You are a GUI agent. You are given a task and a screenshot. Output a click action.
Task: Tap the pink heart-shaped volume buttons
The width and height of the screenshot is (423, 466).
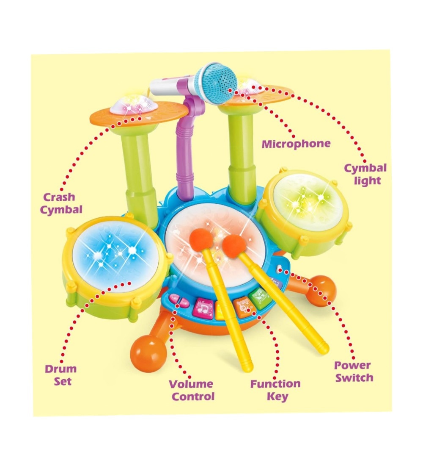point(179,300)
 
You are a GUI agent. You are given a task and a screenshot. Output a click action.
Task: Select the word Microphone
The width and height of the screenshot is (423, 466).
point(296,144)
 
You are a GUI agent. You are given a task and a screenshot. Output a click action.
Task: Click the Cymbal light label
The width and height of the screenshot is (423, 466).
point(365,174)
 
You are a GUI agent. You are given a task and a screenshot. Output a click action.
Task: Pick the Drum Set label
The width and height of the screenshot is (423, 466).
point(61,375)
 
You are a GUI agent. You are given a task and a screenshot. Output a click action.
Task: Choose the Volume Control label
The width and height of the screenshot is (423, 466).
point(192,390)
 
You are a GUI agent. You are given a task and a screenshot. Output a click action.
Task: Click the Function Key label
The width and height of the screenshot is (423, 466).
point(275,390)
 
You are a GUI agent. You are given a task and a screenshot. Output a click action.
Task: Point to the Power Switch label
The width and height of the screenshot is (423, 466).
point(354,372)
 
